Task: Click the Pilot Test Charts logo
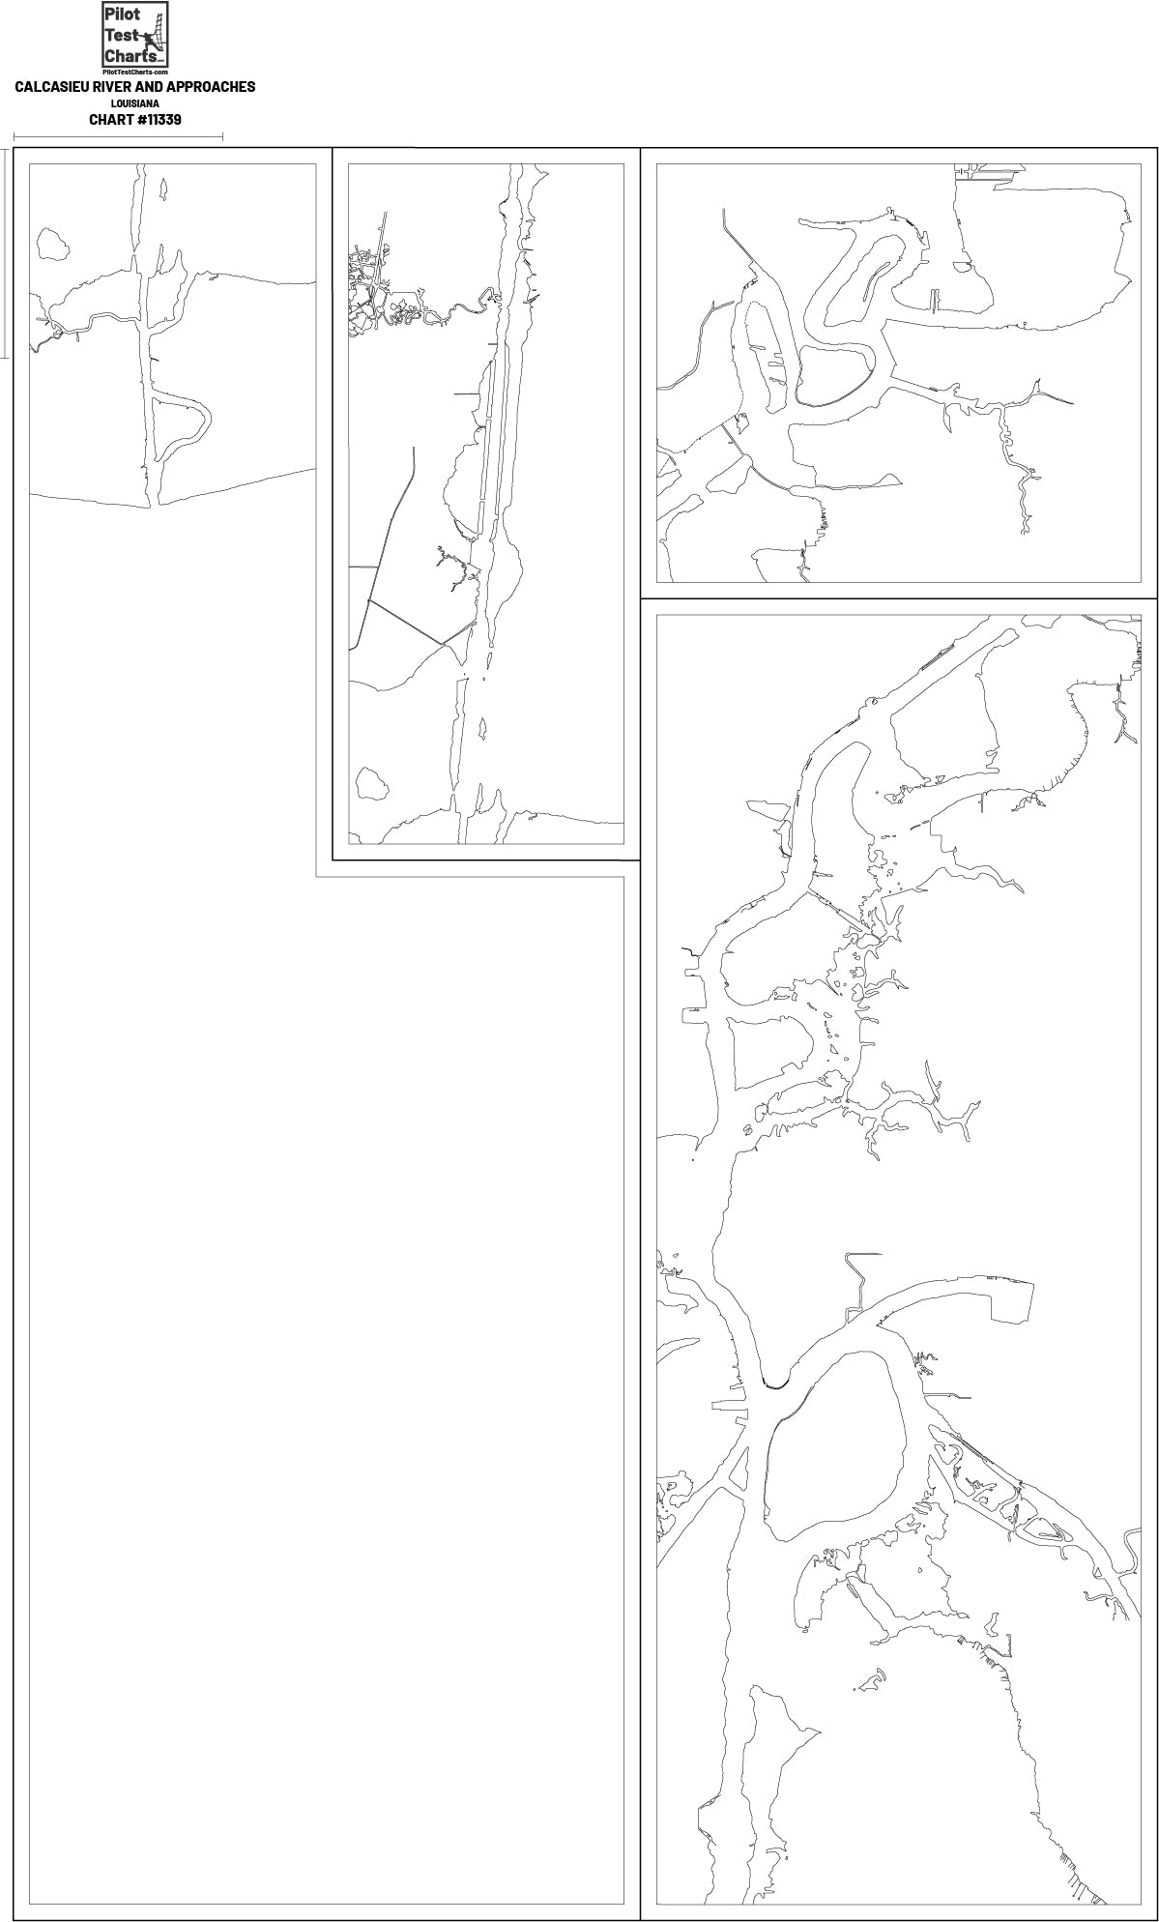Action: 134,37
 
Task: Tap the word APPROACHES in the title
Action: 212,87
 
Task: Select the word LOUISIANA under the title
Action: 134,103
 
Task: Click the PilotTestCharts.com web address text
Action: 134,73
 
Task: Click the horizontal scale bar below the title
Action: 118,137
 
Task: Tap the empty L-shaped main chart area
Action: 319,1354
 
